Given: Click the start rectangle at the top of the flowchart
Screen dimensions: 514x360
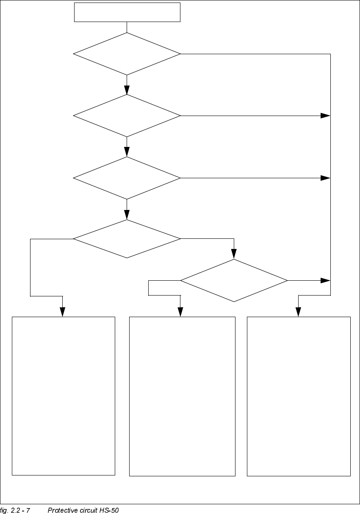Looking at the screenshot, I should pyautogui.click(x=127, y=12).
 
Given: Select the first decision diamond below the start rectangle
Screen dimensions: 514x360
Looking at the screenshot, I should pyautogui.click(x=127, y=54).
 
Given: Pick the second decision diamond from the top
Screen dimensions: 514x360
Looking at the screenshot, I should pyautogui.click(x=127, y=115).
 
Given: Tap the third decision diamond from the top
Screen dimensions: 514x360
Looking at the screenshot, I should pyautogui.click(x=127, y=178).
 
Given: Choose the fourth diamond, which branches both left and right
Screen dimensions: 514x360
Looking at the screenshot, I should pyautogui.click(x=127, y=239).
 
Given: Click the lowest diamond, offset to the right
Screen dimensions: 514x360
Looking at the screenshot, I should pyautogui.click(x=234, y=280).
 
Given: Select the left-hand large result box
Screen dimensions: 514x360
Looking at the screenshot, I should pyautogui.click(x=64, y=396).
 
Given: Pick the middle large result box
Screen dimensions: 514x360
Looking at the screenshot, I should pyautogui.click(x=182, y=396).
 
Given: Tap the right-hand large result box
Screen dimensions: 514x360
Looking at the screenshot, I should pyautogui.click(x=299, y=396).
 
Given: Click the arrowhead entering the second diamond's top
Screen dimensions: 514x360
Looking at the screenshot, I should pyautogui.click(x=127, y=90).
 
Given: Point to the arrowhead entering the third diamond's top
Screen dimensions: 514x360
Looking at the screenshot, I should pyautogui.click(x=127, y=152).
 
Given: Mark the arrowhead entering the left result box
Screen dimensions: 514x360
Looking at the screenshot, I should pyautogui.click(x=63, y=312).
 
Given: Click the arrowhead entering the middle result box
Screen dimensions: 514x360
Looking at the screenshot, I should pyautogui.click(x=180, y=312).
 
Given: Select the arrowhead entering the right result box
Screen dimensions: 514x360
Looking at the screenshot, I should pyautogui.click(x=298, y=312).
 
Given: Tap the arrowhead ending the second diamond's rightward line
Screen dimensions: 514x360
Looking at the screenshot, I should pyautogui.click(x=325, y=116).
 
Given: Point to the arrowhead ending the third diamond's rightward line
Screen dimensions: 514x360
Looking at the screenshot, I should pyautogui.click(x=325, y=178).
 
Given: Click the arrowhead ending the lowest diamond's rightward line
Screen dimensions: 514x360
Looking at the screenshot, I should pyautogui.click(x=325, y=280).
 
